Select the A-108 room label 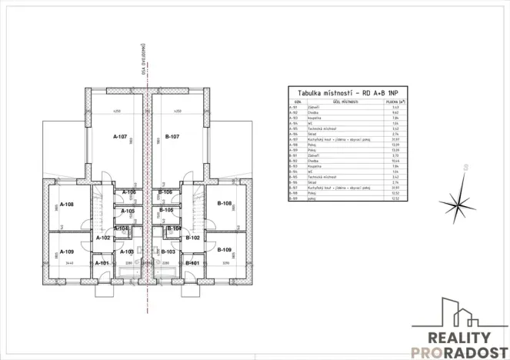click(x=66, y=205)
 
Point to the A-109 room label click(x=66, y=252)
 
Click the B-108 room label click(x=224, y=204)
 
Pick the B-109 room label click(x=224, y=250)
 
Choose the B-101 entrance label click(x=192, y=263)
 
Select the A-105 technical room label click(x=128, y=211)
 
